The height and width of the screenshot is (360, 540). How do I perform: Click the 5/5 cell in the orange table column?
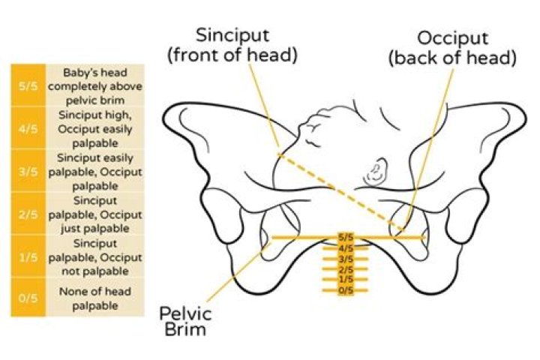[x=28, y=85]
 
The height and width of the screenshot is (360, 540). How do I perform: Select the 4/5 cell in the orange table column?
[x=28, y=128]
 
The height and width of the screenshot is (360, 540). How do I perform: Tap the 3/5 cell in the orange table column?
[x=28, y=171]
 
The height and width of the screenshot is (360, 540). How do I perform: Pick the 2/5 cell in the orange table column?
[x=28, y=214]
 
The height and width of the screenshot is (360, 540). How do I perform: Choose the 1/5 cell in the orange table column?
[x=28, y=256]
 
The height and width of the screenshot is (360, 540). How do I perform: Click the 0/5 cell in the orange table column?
[x=28, y=297]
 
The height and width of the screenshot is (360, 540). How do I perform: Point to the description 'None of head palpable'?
[x=95, y=298]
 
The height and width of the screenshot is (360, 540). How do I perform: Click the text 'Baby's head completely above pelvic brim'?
[x=95, y=86]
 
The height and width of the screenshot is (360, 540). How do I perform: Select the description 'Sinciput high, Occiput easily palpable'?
[x=95, y=129]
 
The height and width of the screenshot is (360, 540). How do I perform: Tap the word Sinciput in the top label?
[x=232, y=35]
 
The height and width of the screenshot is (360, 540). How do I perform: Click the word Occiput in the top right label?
[x=453, y=38]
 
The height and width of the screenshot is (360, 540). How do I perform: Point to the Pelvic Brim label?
[x=185, y=321]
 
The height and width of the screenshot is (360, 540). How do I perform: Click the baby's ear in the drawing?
[x=376, y=172]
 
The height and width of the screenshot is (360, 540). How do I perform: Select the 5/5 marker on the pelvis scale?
[x=346, y=237]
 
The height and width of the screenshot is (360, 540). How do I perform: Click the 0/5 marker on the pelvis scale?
[x=346, y=290]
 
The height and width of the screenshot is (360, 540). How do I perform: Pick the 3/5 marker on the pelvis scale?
[x=346, y=259]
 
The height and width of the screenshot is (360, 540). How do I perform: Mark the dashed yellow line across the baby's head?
[x=340, y=192]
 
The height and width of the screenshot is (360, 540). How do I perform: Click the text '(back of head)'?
[x=452, y=58]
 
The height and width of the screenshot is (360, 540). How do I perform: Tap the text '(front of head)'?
[x=232, y=55]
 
